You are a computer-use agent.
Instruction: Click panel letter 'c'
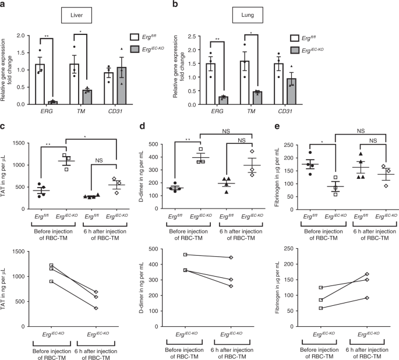click(x=4, y=125)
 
